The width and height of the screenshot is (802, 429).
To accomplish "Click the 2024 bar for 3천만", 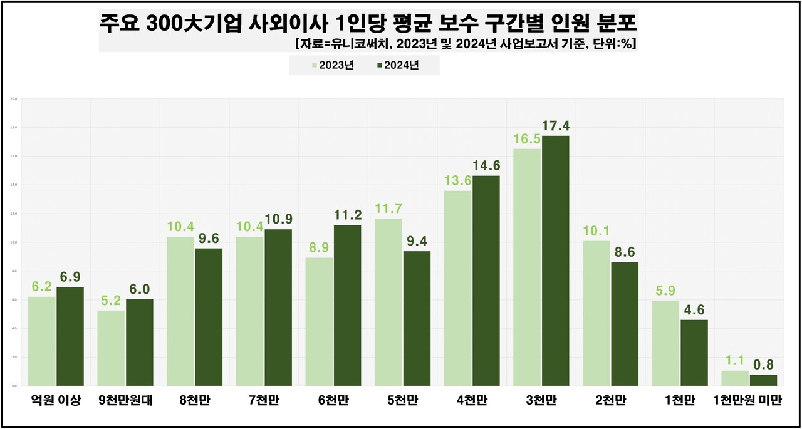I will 555,261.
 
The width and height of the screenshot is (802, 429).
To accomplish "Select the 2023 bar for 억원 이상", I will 42,341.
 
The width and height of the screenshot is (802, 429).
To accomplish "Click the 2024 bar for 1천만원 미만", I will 763,380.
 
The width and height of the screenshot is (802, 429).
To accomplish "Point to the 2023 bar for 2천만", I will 596,313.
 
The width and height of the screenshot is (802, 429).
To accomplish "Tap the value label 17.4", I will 556,127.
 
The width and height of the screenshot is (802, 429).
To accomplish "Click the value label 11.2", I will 348,215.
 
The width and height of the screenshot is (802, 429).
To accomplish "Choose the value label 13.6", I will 457,181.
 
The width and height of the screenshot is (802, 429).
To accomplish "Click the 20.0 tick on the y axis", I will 13,99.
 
